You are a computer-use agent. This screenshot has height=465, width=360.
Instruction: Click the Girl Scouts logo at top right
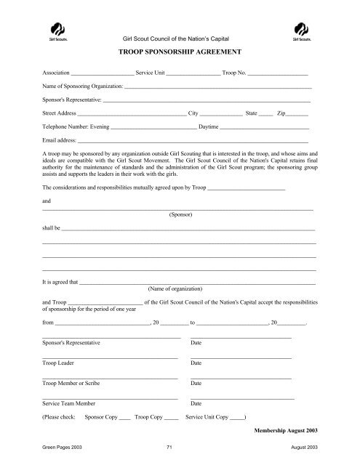300,33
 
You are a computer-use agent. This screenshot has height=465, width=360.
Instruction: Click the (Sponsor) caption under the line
180,216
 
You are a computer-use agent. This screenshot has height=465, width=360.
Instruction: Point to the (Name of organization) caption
180,289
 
